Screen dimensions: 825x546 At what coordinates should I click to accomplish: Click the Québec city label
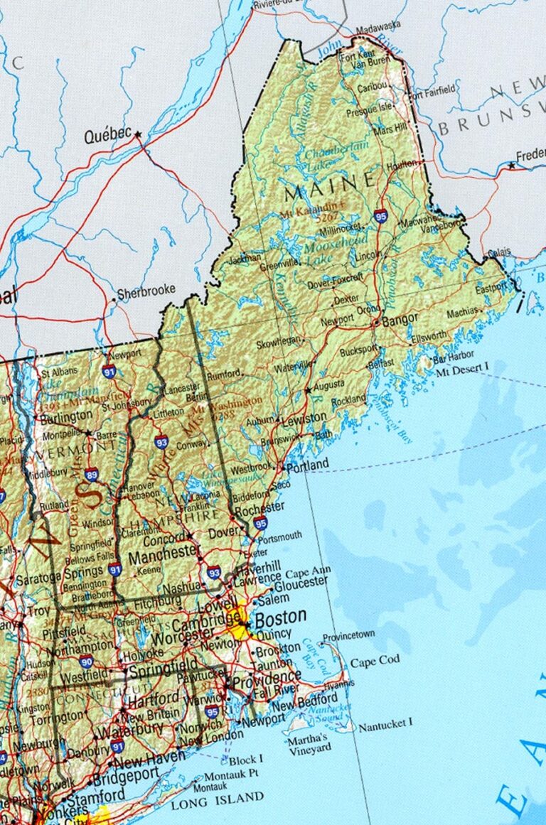tap(108, 134)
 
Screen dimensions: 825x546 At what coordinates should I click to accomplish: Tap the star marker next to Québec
tap(138, 134)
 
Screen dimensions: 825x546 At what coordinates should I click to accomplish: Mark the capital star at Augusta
tap(308, 390)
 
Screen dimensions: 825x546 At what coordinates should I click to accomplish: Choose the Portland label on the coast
tap(308, 465)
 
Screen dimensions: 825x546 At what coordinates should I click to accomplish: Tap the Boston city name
tap(281, 616)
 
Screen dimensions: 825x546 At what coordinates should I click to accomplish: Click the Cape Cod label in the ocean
tap(375, 661)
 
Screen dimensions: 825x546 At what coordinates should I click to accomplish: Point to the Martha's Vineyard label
tap(309, 743)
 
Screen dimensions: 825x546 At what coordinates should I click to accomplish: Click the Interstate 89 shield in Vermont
tap(91, 475)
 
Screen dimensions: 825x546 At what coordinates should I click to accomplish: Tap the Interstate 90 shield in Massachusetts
tap(87, 662)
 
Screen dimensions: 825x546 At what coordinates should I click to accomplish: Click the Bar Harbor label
tap(453, 357)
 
